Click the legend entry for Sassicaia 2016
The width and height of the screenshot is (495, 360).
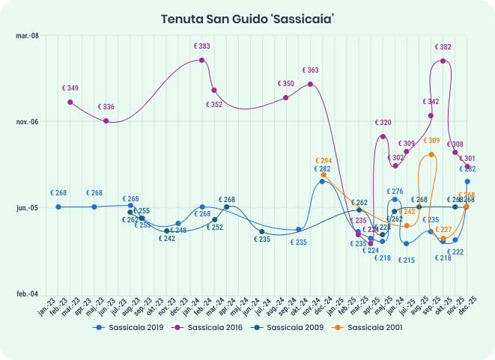click(213, 328)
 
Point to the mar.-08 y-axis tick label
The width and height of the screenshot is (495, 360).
click(27, 36)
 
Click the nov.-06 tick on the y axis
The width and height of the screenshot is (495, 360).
click(27, 122)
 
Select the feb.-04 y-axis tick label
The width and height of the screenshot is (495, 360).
click(27, 294)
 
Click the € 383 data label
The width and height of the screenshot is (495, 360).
click(201, 46)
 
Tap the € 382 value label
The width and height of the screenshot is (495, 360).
click(443, 47)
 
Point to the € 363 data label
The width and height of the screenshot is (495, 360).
click(310, 70)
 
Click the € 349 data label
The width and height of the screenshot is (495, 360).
click(70, 88)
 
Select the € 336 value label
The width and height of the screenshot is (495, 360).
click(106, 107)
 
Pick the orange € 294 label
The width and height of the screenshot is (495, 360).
click(324, 161)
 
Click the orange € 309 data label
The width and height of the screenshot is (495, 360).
click(431, 141)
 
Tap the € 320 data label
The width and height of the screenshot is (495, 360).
click(383, 122)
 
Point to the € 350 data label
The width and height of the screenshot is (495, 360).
click(285, 84)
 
